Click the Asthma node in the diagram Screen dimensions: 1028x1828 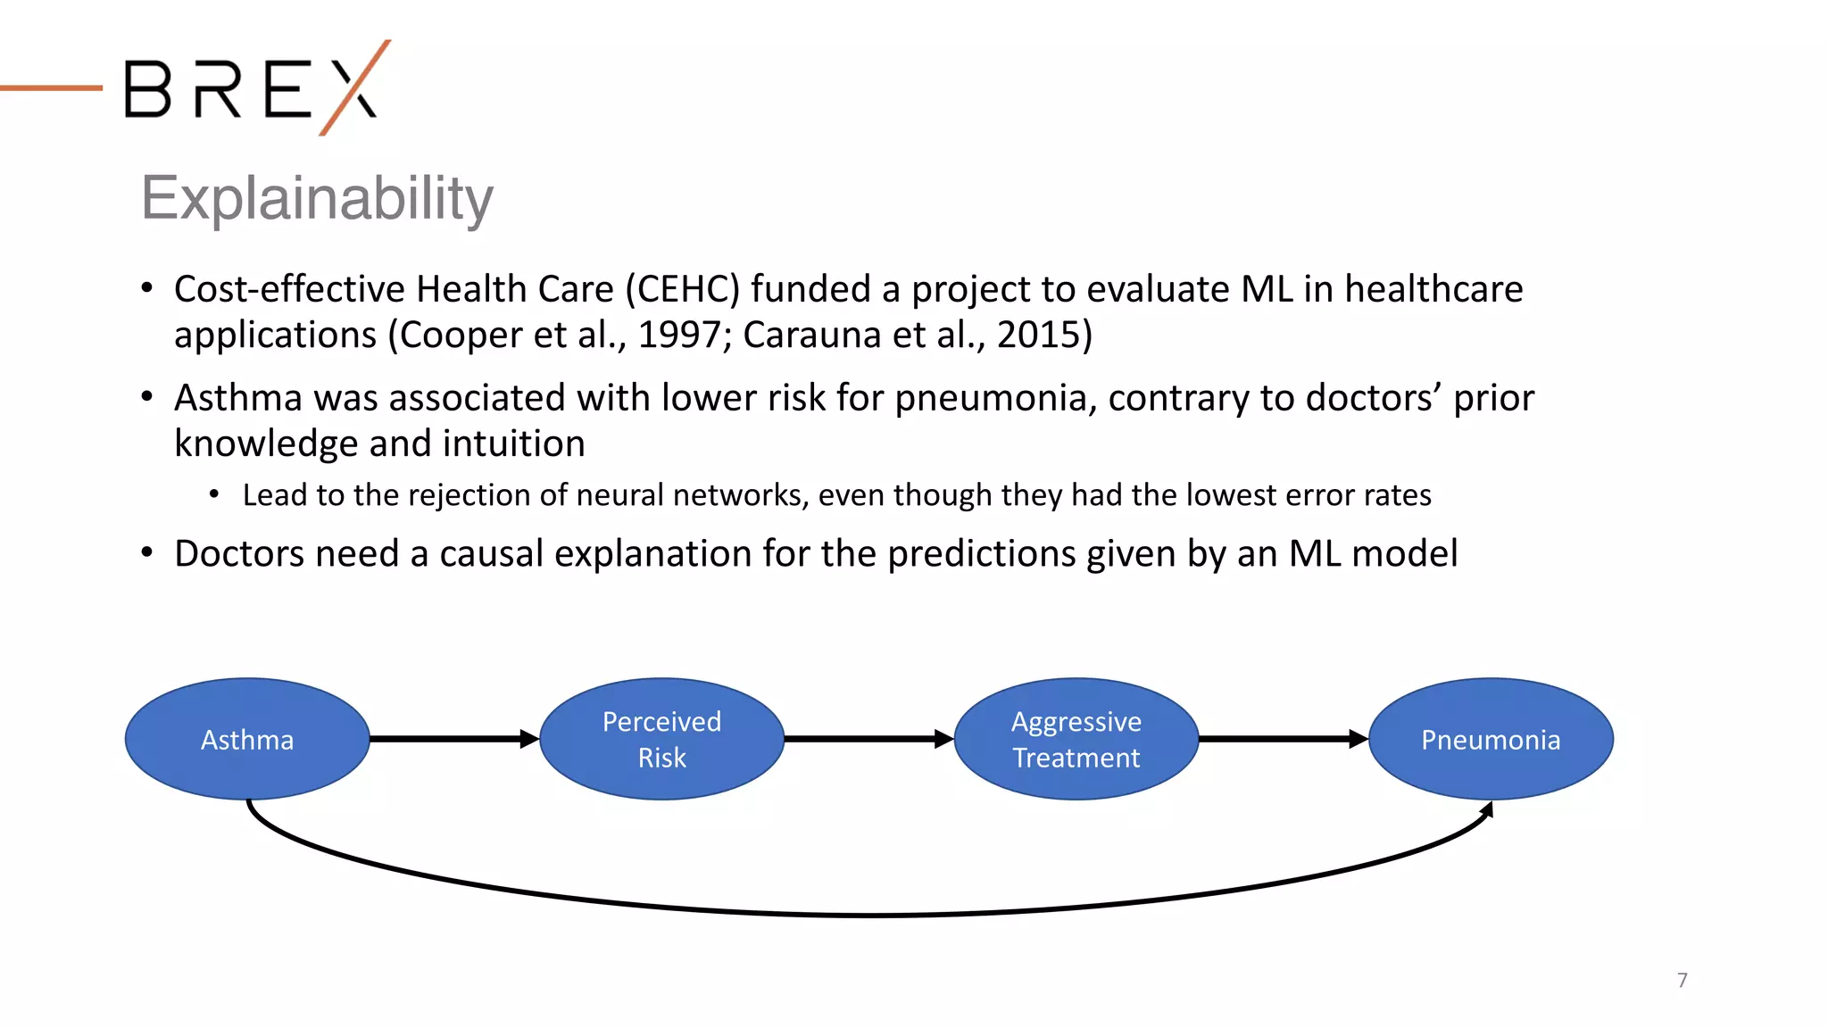point(247,739)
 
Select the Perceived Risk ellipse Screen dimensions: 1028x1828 point(661,739)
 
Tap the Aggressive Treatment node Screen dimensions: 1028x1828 point(1076,739)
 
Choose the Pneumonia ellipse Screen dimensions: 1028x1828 point(1491,739)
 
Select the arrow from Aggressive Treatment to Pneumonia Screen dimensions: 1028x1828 point(1282,739)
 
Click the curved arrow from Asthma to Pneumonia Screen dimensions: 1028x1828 point(870,915)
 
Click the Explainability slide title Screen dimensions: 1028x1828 point(317,198)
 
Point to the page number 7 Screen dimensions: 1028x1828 point(1682,980)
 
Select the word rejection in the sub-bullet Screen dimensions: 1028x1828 point(475,495)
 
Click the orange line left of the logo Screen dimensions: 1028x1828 point(51,87)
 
